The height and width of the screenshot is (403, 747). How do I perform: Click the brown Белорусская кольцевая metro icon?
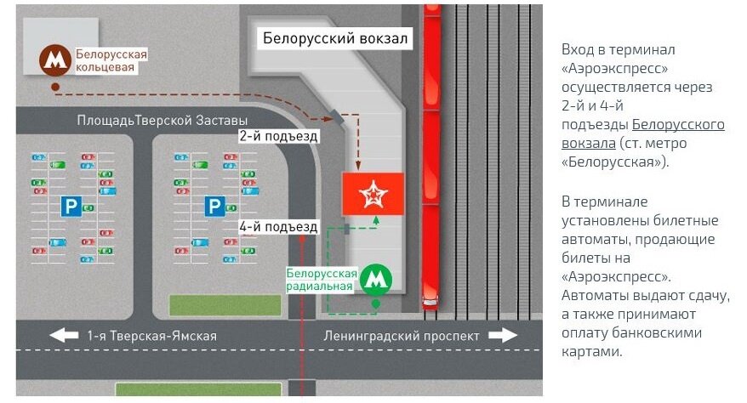pyautogui.click(x=55, y=60)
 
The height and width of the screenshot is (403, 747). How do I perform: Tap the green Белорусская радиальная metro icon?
pyautogui.click(x=375, y=279)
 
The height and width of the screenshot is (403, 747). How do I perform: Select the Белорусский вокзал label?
pyautogui.click(x=335, y=39)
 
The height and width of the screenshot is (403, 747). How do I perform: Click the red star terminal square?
pyautogui.click(x=372, y=193)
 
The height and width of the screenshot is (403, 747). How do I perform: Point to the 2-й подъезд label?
pyautogui.click(x=279, y=135)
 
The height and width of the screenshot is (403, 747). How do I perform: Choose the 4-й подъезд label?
pyautogui.click(x=278, y=227)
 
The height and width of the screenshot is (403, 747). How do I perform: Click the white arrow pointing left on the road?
pyautogui.click(x=64, y=335)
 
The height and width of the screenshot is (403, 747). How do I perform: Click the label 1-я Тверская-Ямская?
pyautogui.click(x=151, y=336)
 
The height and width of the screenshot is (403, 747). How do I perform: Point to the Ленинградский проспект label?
pyautogui.click(x=402, y=336)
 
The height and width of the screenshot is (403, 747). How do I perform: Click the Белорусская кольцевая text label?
pyautogui.click(x=111, y=61)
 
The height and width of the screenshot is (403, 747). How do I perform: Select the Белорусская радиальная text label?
pyautogui.click(x=321, y=280)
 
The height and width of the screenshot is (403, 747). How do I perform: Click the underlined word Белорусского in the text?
pyautogui.click(x=679, y=124)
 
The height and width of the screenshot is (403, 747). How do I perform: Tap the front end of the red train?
pyautogui.click(x=431, y=301)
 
